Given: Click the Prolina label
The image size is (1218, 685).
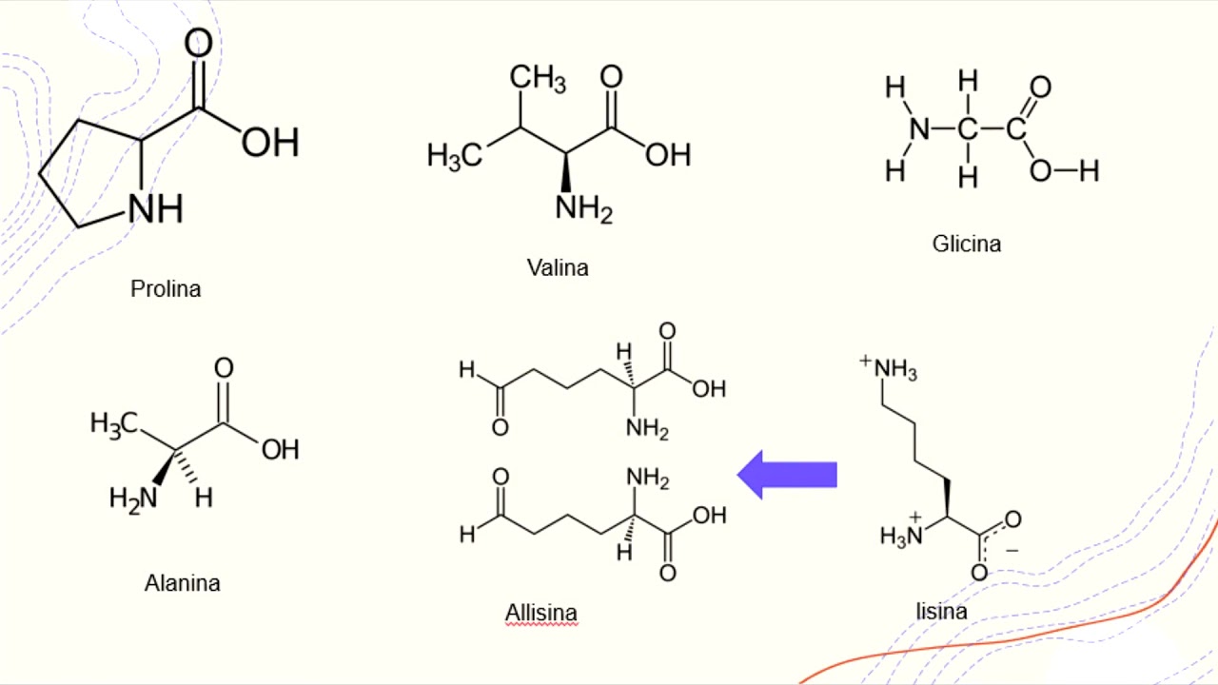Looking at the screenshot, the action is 166,288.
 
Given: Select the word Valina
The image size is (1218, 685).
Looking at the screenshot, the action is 558,267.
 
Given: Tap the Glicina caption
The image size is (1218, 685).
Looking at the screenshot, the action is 967,244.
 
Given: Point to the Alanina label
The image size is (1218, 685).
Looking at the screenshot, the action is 183,583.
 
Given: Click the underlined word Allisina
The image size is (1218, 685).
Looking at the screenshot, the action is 541,613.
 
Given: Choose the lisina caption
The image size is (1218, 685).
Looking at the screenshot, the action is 942,612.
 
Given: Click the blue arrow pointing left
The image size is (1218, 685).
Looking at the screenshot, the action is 787,475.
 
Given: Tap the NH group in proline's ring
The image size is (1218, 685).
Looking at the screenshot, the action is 155,209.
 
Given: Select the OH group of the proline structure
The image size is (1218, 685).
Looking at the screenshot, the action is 270,143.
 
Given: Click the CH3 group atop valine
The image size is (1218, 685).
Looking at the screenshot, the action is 538,77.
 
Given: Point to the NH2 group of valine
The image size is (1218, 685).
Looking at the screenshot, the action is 584,208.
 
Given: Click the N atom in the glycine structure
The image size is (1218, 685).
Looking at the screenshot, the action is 919,129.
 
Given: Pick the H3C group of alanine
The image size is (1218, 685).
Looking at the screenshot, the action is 114,424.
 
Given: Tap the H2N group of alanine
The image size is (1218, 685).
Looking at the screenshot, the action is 133,499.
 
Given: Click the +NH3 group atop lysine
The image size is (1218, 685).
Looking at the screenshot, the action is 889,368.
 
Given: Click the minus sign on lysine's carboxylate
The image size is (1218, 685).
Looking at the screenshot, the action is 1012,551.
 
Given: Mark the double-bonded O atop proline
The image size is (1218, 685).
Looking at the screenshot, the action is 199,43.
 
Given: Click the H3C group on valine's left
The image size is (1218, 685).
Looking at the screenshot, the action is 455,156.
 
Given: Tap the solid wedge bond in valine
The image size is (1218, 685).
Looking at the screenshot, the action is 566,172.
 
